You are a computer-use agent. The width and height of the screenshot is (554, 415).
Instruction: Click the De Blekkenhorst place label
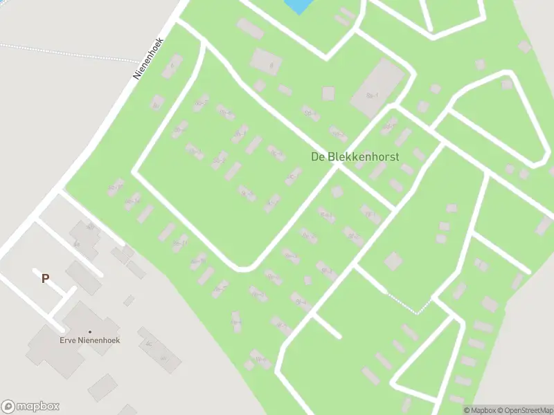pos(355,157)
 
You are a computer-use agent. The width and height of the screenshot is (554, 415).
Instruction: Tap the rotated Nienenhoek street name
pos(148,59)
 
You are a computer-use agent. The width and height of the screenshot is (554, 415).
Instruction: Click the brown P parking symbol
pos(46,279)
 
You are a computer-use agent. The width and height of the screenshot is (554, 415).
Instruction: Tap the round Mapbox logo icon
pos(8,407)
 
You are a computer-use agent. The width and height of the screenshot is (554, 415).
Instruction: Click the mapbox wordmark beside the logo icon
pos(38,407)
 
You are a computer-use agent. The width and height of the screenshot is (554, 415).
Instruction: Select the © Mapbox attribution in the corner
pos(479,410)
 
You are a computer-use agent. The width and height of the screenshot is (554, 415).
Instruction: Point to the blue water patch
pos(297,6)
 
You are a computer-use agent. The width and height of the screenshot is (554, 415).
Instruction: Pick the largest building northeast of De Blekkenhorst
pos(377,88)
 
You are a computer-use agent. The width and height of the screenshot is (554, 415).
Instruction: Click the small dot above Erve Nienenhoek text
pos(89,332)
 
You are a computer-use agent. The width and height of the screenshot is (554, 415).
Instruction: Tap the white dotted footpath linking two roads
pos(409,304)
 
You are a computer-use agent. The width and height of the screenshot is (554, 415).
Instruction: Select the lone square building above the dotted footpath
pos(393,261)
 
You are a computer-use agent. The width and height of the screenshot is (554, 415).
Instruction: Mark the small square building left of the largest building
pos(328,93)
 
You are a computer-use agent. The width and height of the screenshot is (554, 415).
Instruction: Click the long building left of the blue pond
pos(250,28)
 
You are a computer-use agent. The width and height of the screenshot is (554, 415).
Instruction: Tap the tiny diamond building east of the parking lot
pos(129,300)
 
